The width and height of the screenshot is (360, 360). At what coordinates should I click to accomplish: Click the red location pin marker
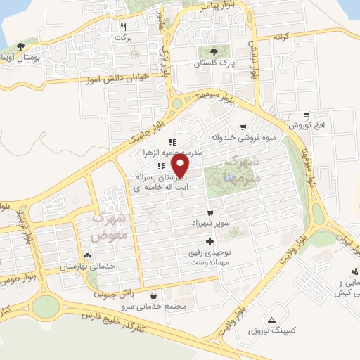click(182, 166)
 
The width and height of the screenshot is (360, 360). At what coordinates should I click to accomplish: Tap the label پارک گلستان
click(214, 63)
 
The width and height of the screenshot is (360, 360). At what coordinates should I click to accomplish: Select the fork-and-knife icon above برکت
click(124, 26)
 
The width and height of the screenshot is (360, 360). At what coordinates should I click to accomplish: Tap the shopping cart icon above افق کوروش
click(306, 115)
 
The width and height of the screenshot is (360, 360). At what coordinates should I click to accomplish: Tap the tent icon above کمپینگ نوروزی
click(272, 320)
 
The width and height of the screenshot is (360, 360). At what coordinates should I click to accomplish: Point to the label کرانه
click(281, 36)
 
